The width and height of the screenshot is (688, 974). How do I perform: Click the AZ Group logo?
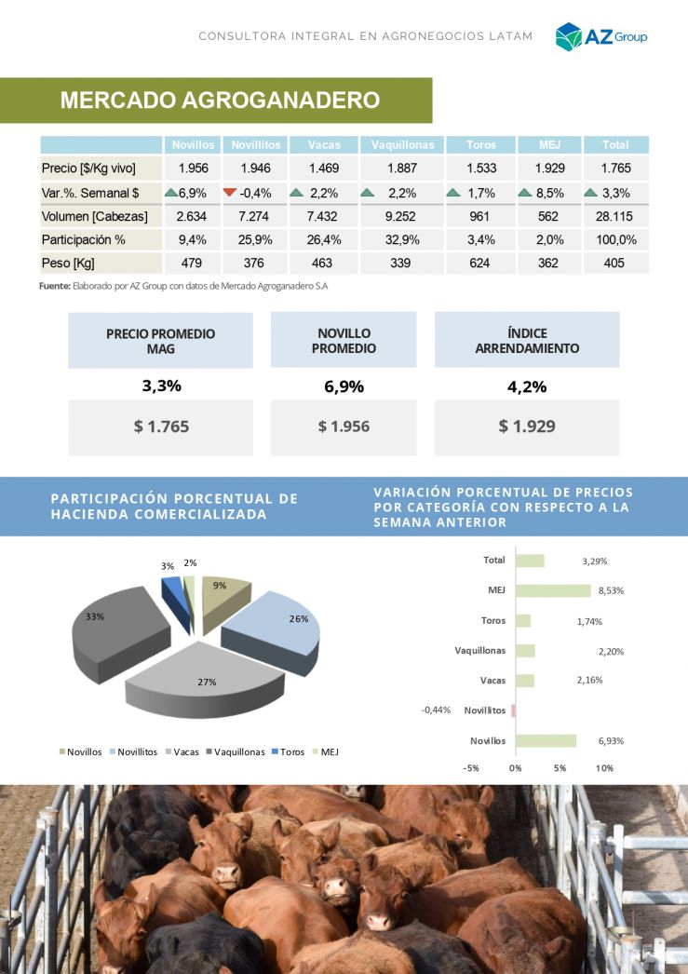600,36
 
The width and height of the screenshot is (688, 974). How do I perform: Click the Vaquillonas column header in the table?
402,145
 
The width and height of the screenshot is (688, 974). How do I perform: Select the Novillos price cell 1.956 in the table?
193,169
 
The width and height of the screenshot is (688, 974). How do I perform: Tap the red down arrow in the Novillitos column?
230,193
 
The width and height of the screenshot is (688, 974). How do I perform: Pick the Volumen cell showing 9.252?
402,216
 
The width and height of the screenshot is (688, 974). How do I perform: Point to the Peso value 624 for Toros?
480,264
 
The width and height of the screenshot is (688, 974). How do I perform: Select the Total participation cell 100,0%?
615,239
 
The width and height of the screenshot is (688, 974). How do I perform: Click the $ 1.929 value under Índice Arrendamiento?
527,426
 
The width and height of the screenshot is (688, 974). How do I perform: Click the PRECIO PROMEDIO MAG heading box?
160,340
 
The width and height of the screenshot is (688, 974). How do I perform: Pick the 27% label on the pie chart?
207,683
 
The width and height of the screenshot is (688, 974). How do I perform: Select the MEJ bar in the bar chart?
553,590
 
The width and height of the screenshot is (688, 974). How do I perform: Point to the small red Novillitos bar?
513,710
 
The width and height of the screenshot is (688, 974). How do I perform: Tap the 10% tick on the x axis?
604,768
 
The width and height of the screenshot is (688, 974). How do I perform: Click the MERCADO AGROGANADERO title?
220,101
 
